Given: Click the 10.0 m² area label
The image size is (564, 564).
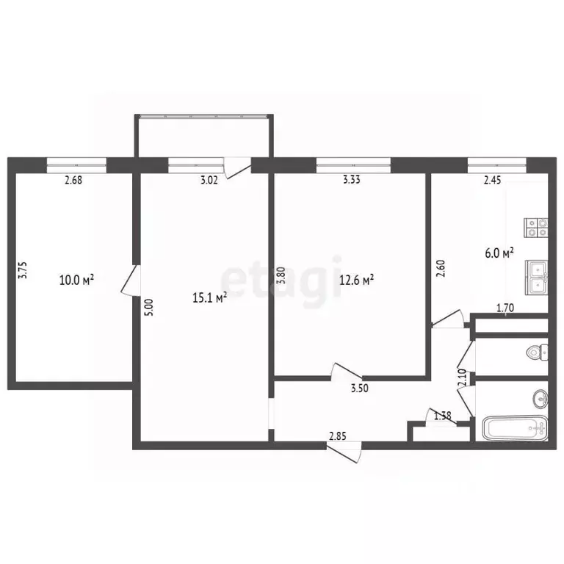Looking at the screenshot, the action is click(x=76, y=280).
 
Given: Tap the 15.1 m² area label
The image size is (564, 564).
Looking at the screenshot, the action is click(x=210, y=297).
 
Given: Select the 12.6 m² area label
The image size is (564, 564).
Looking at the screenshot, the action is click(x=356, y=280).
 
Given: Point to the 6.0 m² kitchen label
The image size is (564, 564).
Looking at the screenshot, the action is click(x=499, y=253).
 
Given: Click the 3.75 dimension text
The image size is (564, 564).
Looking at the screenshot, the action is click(x=23, y=270).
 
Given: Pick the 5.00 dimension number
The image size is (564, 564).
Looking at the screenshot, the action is click(x=150, y=307).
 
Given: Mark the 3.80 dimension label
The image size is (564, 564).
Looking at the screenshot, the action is click(x=281, y=275).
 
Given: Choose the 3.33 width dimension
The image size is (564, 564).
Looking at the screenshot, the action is click(x=351, y=179).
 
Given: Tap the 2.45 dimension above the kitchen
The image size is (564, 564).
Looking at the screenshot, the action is click(x=492, y=179).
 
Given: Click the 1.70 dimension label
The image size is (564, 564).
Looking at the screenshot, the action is click(x=505, y=308).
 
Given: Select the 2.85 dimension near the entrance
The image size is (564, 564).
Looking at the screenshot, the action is click(x=338, y=436).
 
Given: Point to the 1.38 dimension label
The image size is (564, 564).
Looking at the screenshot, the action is click(x=442, y=416).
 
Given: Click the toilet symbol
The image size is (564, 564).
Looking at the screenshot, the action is click(x=538, y=352).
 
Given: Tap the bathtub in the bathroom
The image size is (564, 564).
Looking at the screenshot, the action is click(x=515, y=427).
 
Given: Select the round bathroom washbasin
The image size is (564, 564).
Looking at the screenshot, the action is click(x=540, y=398).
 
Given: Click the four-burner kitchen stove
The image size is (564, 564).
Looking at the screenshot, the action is click(x=536, y=228).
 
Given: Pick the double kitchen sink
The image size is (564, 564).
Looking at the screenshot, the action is click(x=537, y=277).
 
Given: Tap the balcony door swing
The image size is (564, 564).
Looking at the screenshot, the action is click(x=237, y=168).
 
